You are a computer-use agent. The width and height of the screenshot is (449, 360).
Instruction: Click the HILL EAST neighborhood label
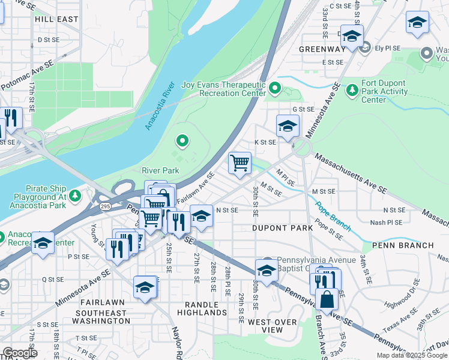pos(56,19)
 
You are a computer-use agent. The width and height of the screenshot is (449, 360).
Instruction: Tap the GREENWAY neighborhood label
pos(322,49)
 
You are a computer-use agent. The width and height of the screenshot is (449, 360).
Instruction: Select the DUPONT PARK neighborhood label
pos(282,229)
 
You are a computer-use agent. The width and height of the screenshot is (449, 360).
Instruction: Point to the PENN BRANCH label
pos(403,245)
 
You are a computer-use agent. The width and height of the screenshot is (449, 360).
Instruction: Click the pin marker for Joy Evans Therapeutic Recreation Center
pos(276,89)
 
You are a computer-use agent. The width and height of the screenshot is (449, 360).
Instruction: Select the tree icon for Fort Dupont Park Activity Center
pos(352,89)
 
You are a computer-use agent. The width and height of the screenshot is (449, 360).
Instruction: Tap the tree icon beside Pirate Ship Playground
pos(75,196)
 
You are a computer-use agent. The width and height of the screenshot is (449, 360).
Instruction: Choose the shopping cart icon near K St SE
pos(240,162)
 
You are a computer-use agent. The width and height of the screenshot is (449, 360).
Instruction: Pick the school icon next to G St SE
pos(288,125)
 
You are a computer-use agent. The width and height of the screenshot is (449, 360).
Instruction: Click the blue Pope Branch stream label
pos(327,215)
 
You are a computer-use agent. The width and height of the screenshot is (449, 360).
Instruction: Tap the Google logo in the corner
pos(20,353)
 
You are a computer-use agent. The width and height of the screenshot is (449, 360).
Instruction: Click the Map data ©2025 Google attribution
pos(412,355)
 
